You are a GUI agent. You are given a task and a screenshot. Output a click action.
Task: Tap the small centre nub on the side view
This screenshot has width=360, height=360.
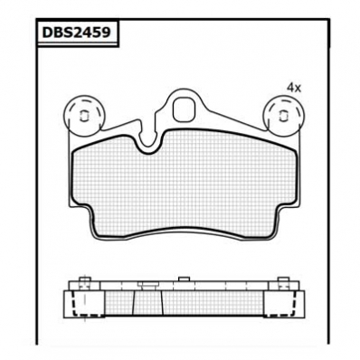tap(184, 279)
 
